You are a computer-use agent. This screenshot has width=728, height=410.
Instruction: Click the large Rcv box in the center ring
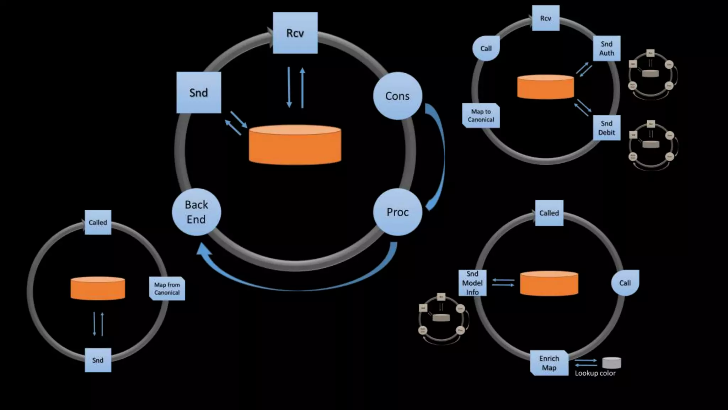(295, 33)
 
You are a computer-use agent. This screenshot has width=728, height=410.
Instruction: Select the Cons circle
(397, 96)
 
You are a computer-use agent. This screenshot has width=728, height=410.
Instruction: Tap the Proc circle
(397, 212)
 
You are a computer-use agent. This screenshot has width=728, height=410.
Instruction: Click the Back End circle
(196, 212)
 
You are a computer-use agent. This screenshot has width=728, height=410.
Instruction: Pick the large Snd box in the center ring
(199, 93)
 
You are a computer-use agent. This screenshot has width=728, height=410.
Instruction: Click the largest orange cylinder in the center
(295, 145)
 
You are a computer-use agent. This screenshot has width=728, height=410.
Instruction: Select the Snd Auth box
(606, 48)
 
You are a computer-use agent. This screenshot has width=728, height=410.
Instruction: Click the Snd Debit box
(606, 128)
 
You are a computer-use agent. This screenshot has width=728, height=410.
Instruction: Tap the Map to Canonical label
(481, 116)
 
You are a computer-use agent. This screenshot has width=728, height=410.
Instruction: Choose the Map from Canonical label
(167, 289)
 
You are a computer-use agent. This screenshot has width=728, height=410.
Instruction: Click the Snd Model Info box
(472, 283)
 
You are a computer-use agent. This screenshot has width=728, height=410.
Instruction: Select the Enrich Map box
(549, 363)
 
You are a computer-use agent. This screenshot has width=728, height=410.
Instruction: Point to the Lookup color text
(595, 373)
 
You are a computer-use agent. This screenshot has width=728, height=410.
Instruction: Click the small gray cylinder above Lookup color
(612, 363)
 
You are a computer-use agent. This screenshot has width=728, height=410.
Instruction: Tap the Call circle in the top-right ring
(486, 48)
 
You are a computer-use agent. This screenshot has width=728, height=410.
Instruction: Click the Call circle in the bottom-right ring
(625, 283)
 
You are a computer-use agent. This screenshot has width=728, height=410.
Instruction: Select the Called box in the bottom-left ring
(98, 222)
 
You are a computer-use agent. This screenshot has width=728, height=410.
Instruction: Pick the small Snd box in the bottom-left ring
(98, 360)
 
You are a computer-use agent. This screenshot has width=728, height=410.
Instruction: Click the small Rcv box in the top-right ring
(546, 18)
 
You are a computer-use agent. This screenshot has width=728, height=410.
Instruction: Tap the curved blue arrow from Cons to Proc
(440, 157)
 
